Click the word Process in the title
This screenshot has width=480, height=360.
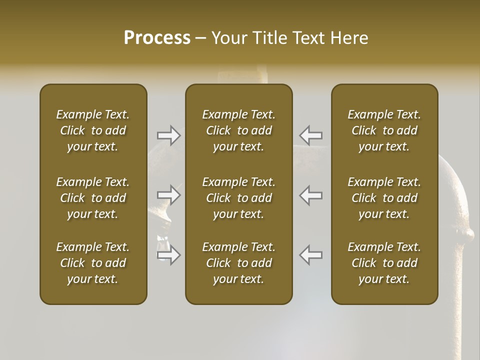[157, 38]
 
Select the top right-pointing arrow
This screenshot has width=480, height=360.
[169, 135]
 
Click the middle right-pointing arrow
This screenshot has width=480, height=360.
[169, 195]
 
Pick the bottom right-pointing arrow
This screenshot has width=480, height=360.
[169, 255]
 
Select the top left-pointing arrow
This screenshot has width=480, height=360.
[311, 135]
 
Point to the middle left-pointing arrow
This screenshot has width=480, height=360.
[311, 195]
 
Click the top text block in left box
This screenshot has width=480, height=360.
[93, 130]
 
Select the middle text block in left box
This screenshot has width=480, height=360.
[93, 198]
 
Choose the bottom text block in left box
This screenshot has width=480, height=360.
[93, 263]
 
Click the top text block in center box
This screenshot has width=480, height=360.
[239, 130]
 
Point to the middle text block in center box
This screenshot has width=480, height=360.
[239, 198]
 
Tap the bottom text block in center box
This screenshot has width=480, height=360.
[239, 263]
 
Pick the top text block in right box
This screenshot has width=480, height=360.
[384, 130]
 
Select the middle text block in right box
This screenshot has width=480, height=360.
[384, 198]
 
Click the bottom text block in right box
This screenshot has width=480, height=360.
[384, 263]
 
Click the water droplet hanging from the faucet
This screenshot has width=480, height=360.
[163, 246]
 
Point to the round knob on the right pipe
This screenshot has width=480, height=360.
[468, 233]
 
